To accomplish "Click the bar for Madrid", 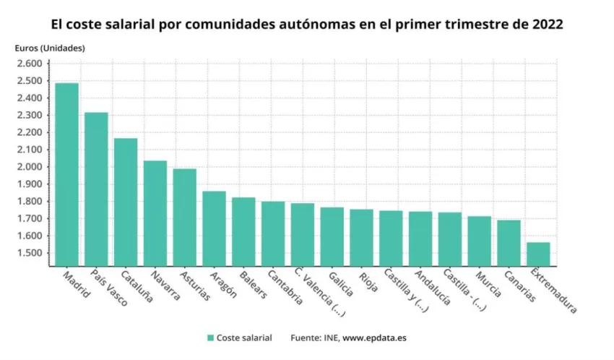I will click(x=66, y=174).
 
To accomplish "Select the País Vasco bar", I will click(x=96, y=189).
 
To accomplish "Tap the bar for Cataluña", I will click(x=126, y=202).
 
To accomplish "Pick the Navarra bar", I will click(x=155, y=213).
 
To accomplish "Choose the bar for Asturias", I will click(x=184, y=217).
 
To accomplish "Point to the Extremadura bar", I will click(x=537, y=254).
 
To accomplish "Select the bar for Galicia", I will click(x=332, y=236).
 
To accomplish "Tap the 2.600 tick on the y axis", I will click(x=29, y=64).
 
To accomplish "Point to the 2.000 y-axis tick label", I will click(x=29, y=167).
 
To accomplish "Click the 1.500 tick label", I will click(x=29, y=253).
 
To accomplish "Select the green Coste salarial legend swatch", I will click(x=210, y=338).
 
